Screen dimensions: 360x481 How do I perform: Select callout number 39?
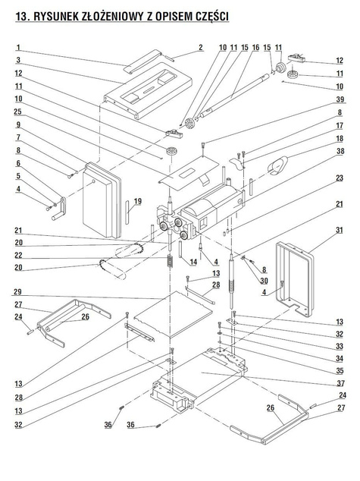point(340,99)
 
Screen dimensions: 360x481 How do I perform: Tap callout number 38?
point(340,151)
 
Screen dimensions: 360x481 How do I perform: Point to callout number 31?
point(340,230)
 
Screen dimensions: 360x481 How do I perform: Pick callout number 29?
point(18,291)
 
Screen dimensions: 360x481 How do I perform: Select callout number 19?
point(138,201)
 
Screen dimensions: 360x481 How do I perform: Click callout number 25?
point(17,112)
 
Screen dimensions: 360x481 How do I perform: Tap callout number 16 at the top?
point(255,48)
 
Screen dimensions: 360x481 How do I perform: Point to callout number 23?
point(340,178)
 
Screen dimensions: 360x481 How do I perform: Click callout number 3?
point(18,60)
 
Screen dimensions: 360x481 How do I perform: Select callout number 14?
point(193,262)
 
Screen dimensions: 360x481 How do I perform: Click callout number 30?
point(264,281)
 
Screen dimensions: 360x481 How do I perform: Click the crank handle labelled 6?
point(60,209)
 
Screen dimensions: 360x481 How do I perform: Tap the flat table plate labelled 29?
point(174,314)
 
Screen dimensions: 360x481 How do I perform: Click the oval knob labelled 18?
point(277,165)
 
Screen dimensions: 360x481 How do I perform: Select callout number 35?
point(340,370)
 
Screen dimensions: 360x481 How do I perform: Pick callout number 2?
point(201,48)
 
